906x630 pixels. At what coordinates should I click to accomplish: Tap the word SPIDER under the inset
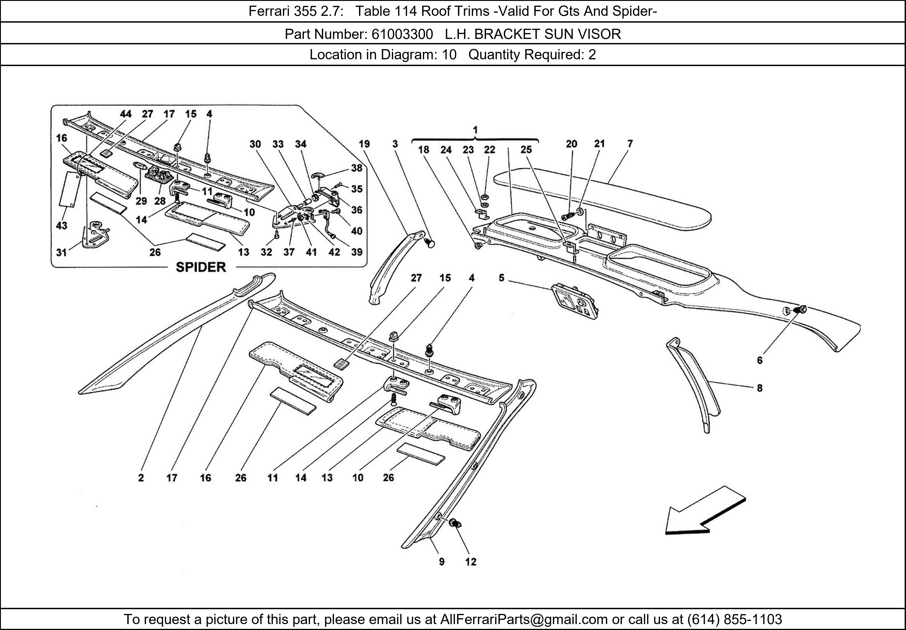click(x=201, y=267)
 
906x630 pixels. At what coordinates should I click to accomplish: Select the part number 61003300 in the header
click(x=402, y=34)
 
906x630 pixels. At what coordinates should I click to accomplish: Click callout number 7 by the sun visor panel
click(x=630, y=144)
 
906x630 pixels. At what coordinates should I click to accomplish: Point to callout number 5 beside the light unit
click(x=501, y=278)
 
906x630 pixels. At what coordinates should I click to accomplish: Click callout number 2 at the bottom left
click(x=141, y=478)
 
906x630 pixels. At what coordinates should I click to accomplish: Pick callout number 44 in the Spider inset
click(x=125, y=114)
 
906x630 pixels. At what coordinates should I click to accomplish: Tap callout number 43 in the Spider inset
click(x=62, y=226)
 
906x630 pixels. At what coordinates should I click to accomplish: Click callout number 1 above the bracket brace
click(x=475, y=130)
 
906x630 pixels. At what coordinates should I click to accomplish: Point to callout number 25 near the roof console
click(x=526, y=150)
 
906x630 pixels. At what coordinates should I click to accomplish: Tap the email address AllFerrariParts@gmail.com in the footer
click(x=524, y=619)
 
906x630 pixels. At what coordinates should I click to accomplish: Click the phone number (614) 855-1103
click(x=734, y=619)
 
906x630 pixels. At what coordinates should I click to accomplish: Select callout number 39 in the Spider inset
click(x=357, y=252)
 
